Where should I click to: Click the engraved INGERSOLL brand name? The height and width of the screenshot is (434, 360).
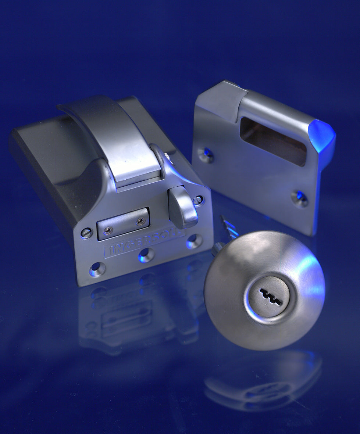click(x=144, y=243)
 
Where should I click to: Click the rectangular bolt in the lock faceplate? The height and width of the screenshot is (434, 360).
click(x=124, y=223)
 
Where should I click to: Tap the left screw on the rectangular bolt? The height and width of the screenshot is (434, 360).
click(x=106, y=229)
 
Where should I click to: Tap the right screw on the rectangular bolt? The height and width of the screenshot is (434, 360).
click(x=141, y=220)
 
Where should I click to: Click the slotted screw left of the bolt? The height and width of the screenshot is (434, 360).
click(x=87, y=233)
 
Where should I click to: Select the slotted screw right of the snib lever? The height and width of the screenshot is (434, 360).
click(x=198, y=200)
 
